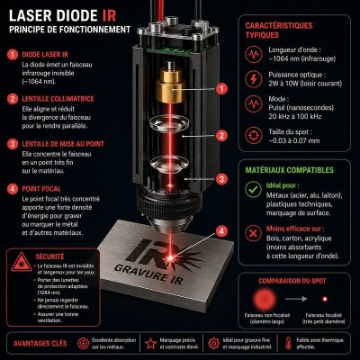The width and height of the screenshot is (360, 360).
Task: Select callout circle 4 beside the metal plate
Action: (221, 230)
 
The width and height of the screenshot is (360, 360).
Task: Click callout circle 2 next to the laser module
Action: (221, 136)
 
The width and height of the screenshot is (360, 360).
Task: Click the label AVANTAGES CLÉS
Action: (40, 343)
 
